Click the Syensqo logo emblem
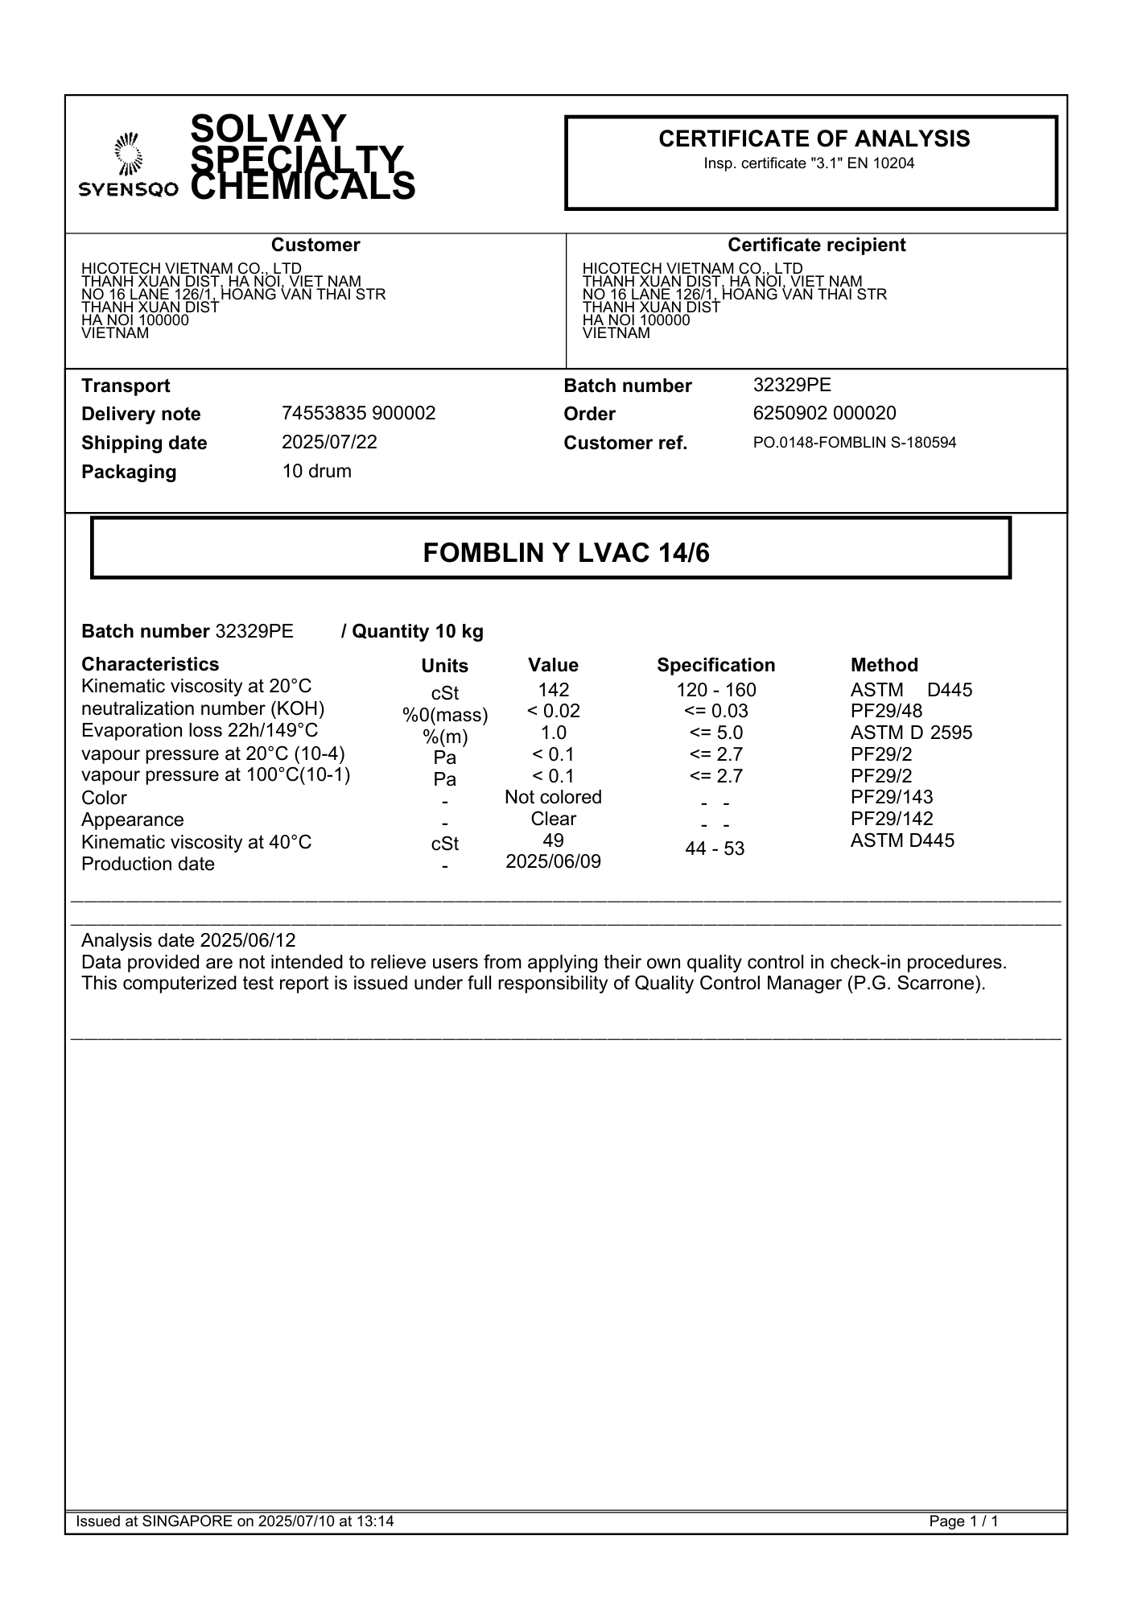pos(128,154)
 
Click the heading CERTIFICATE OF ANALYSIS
pos(814,139)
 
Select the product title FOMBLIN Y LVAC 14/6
pos(566,553)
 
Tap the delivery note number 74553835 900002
pos(358,413)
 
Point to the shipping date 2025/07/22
pos(329,442)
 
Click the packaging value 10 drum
pos(316,471)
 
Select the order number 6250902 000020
pos(824,413)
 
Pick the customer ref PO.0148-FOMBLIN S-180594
pos(854,442)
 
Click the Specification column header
pos(715,665)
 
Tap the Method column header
pos(884,665)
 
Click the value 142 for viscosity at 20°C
pos(553,690)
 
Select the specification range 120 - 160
pos(715,690)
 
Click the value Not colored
pos(553,797)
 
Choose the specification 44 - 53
pos(715,848)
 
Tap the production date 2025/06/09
pos(553,861)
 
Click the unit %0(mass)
pos(445,715)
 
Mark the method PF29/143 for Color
pos(892,797)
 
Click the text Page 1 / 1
pos(963,1521)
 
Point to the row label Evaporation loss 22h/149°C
pos(200,730)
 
